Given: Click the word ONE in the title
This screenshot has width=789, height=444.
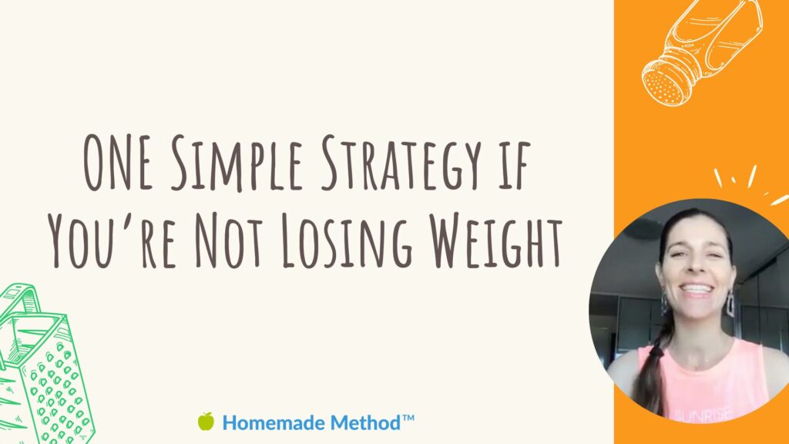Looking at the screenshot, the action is click(118, 163).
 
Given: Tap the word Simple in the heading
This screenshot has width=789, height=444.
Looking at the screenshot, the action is click(237, 164).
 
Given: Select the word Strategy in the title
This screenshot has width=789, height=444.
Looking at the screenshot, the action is click(401, 164).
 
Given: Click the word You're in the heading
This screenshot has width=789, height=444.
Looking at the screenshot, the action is click(112, 240).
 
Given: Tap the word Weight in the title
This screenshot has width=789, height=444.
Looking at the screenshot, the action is click(495, 240).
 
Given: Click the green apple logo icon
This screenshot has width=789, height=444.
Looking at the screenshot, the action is click(206, 422).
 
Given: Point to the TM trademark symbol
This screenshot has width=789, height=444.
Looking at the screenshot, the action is click(408, 418).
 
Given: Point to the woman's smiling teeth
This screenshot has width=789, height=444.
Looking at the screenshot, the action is click(697, 290).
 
